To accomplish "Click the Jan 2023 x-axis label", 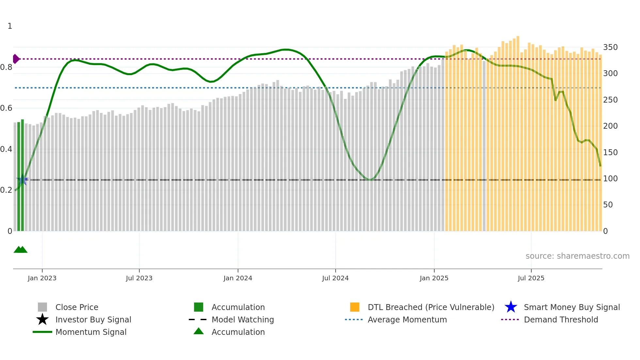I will [x=42, y=278].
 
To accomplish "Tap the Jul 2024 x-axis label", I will [x=335, y=278].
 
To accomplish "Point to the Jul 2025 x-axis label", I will [x=531, y=278].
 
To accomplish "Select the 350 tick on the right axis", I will [x=610, y=47].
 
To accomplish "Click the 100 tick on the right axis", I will [x=610, y=179].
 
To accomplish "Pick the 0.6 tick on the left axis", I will [x=6, y=108].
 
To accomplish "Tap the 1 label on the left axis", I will [x=10, y=26].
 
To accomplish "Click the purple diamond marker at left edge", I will [x=16, y=59].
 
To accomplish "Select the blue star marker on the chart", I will [x=22, y=180].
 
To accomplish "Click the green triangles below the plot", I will [x=20, y=250].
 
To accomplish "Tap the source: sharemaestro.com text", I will [x=577, y=256].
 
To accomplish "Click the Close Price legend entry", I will [x=77, y=307].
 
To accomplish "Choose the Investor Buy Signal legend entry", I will [x=93, y=319].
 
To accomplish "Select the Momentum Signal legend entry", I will [x=91, y=332].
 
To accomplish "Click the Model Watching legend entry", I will [x=243, y=319].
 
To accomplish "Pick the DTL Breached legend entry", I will [x=431, y=307].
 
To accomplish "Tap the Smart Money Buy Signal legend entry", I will [x=571, y=307].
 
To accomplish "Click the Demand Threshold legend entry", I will [x=561, y=319].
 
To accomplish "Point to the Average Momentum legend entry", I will [x=407, y=319].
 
